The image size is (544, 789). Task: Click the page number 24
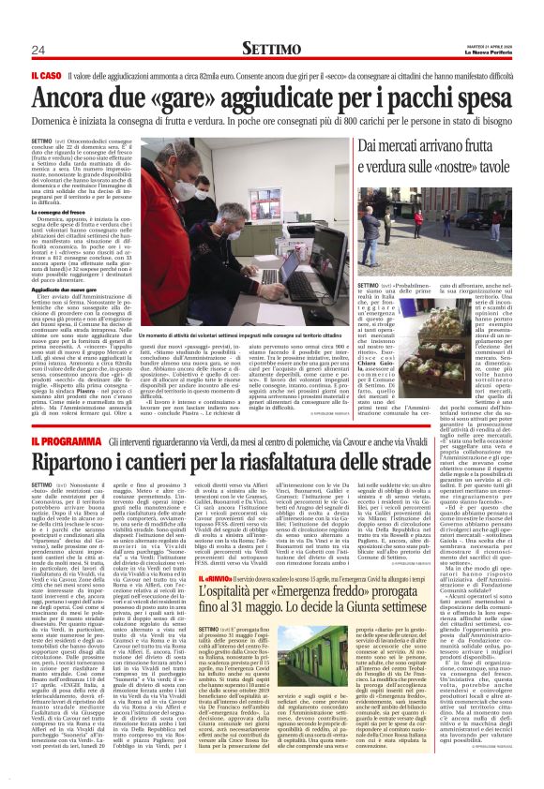38,49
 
